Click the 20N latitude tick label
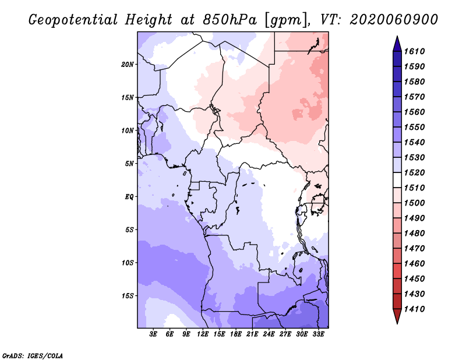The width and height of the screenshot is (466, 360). click(127, 65)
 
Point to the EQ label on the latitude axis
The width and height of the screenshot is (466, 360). click(129, 197)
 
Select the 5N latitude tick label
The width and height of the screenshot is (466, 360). click(129, 164)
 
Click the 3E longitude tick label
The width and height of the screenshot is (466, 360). click(153, 334)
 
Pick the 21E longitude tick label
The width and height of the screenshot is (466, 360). click(252, 334)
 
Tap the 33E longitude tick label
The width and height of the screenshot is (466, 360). click(318, 334)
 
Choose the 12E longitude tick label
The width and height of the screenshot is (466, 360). click(203, 334)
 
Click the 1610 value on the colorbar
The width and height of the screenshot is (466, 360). click(414, 51)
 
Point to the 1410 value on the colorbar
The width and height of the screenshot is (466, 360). click(414, 309)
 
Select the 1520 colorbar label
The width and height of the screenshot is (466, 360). click(414, 172)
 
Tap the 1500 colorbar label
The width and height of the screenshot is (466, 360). click(414, 203)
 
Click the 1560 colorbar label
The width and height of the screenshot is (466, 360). click(414, 112)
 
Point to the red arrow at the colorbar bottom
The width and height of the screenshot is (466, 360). click(397, 316)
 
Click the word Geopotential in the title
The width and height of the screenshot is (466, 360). click(73, 20)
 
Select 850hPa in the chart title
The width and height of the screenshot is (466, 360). click(230, 20)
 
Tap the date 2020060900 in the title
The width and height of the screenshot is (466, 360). click(394, 20)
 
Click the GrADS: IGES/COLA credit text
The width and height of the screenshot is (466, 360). click(33, 356)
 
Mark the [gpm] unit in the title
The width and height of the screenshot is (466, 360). click(287, 20)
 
